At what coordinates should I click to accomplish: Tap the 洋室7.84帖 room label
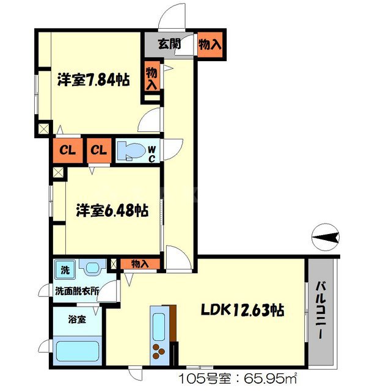pyautogui.click(x=93, y=79)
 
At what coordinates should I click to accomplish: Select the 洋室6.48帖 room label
pyautogui.click(x=111, y=211)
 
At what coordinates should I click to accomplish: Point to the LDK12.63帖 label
pyautogui.click(x=243, y=310)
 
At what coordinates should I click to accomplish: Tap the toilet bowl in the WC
pyautogui.click(x=131, y=150)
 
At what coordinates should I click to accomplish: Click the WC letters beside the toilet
pyautogui.click(x=153, y=152)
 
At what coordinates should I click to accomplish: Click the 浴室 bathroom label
pyautogui.click(x=76, y=318)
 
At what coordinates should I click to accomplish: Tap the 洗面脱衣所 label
pyautogui.click(x=76, y=291)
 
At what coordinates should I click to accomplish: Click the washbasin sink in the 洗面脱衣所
pyautogui.click(x=92, y=268)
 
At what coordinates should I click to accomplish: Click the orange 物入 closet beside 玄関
pyautogui.click(x=210, y=45)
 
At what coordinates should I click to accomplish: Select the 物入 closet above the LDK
pyautogui.click(x=140, y=264)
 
